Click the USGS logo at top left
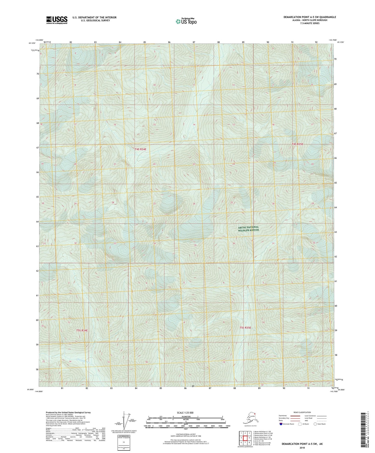[x=57, y=20]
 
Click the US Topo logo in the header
[x=186, y=21]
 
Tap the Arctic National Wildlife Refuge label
[x=248, y=229]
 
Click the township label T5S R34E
[x=82, y=330]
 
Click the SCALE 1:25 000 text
[x=185, y=413]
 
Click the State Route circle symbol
[x=315, y=424]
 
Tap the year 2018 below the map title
[x=302, y=448]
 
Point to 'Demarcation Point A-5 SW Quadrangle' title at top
[x=310, y=17]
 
